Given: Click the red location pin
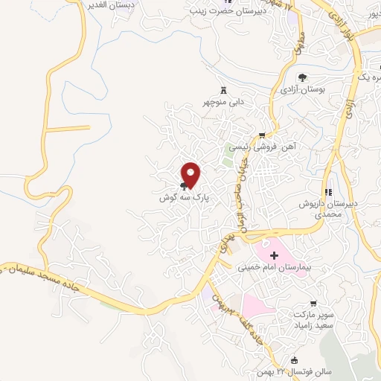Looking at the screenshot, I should pyautogui.click(x=191, y=175).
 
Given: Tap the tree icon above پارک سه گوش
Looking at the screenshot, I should pyautogui.click(x=184, y=188).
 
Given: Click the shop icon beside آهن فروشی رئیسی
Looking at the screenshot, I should pyautogui.click(x=261, y=135).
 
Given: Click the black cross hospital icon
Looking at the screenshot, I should pyautogui.click(x=263, y=255).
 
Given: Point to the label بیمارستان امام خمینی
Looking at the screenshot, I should pyautogui.click(x=272, y=268).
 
